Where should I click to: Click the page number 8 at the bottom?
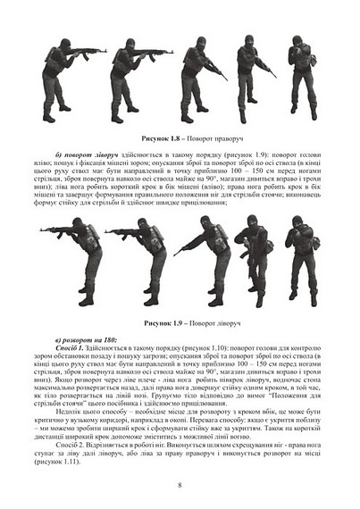pos(180,485)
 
